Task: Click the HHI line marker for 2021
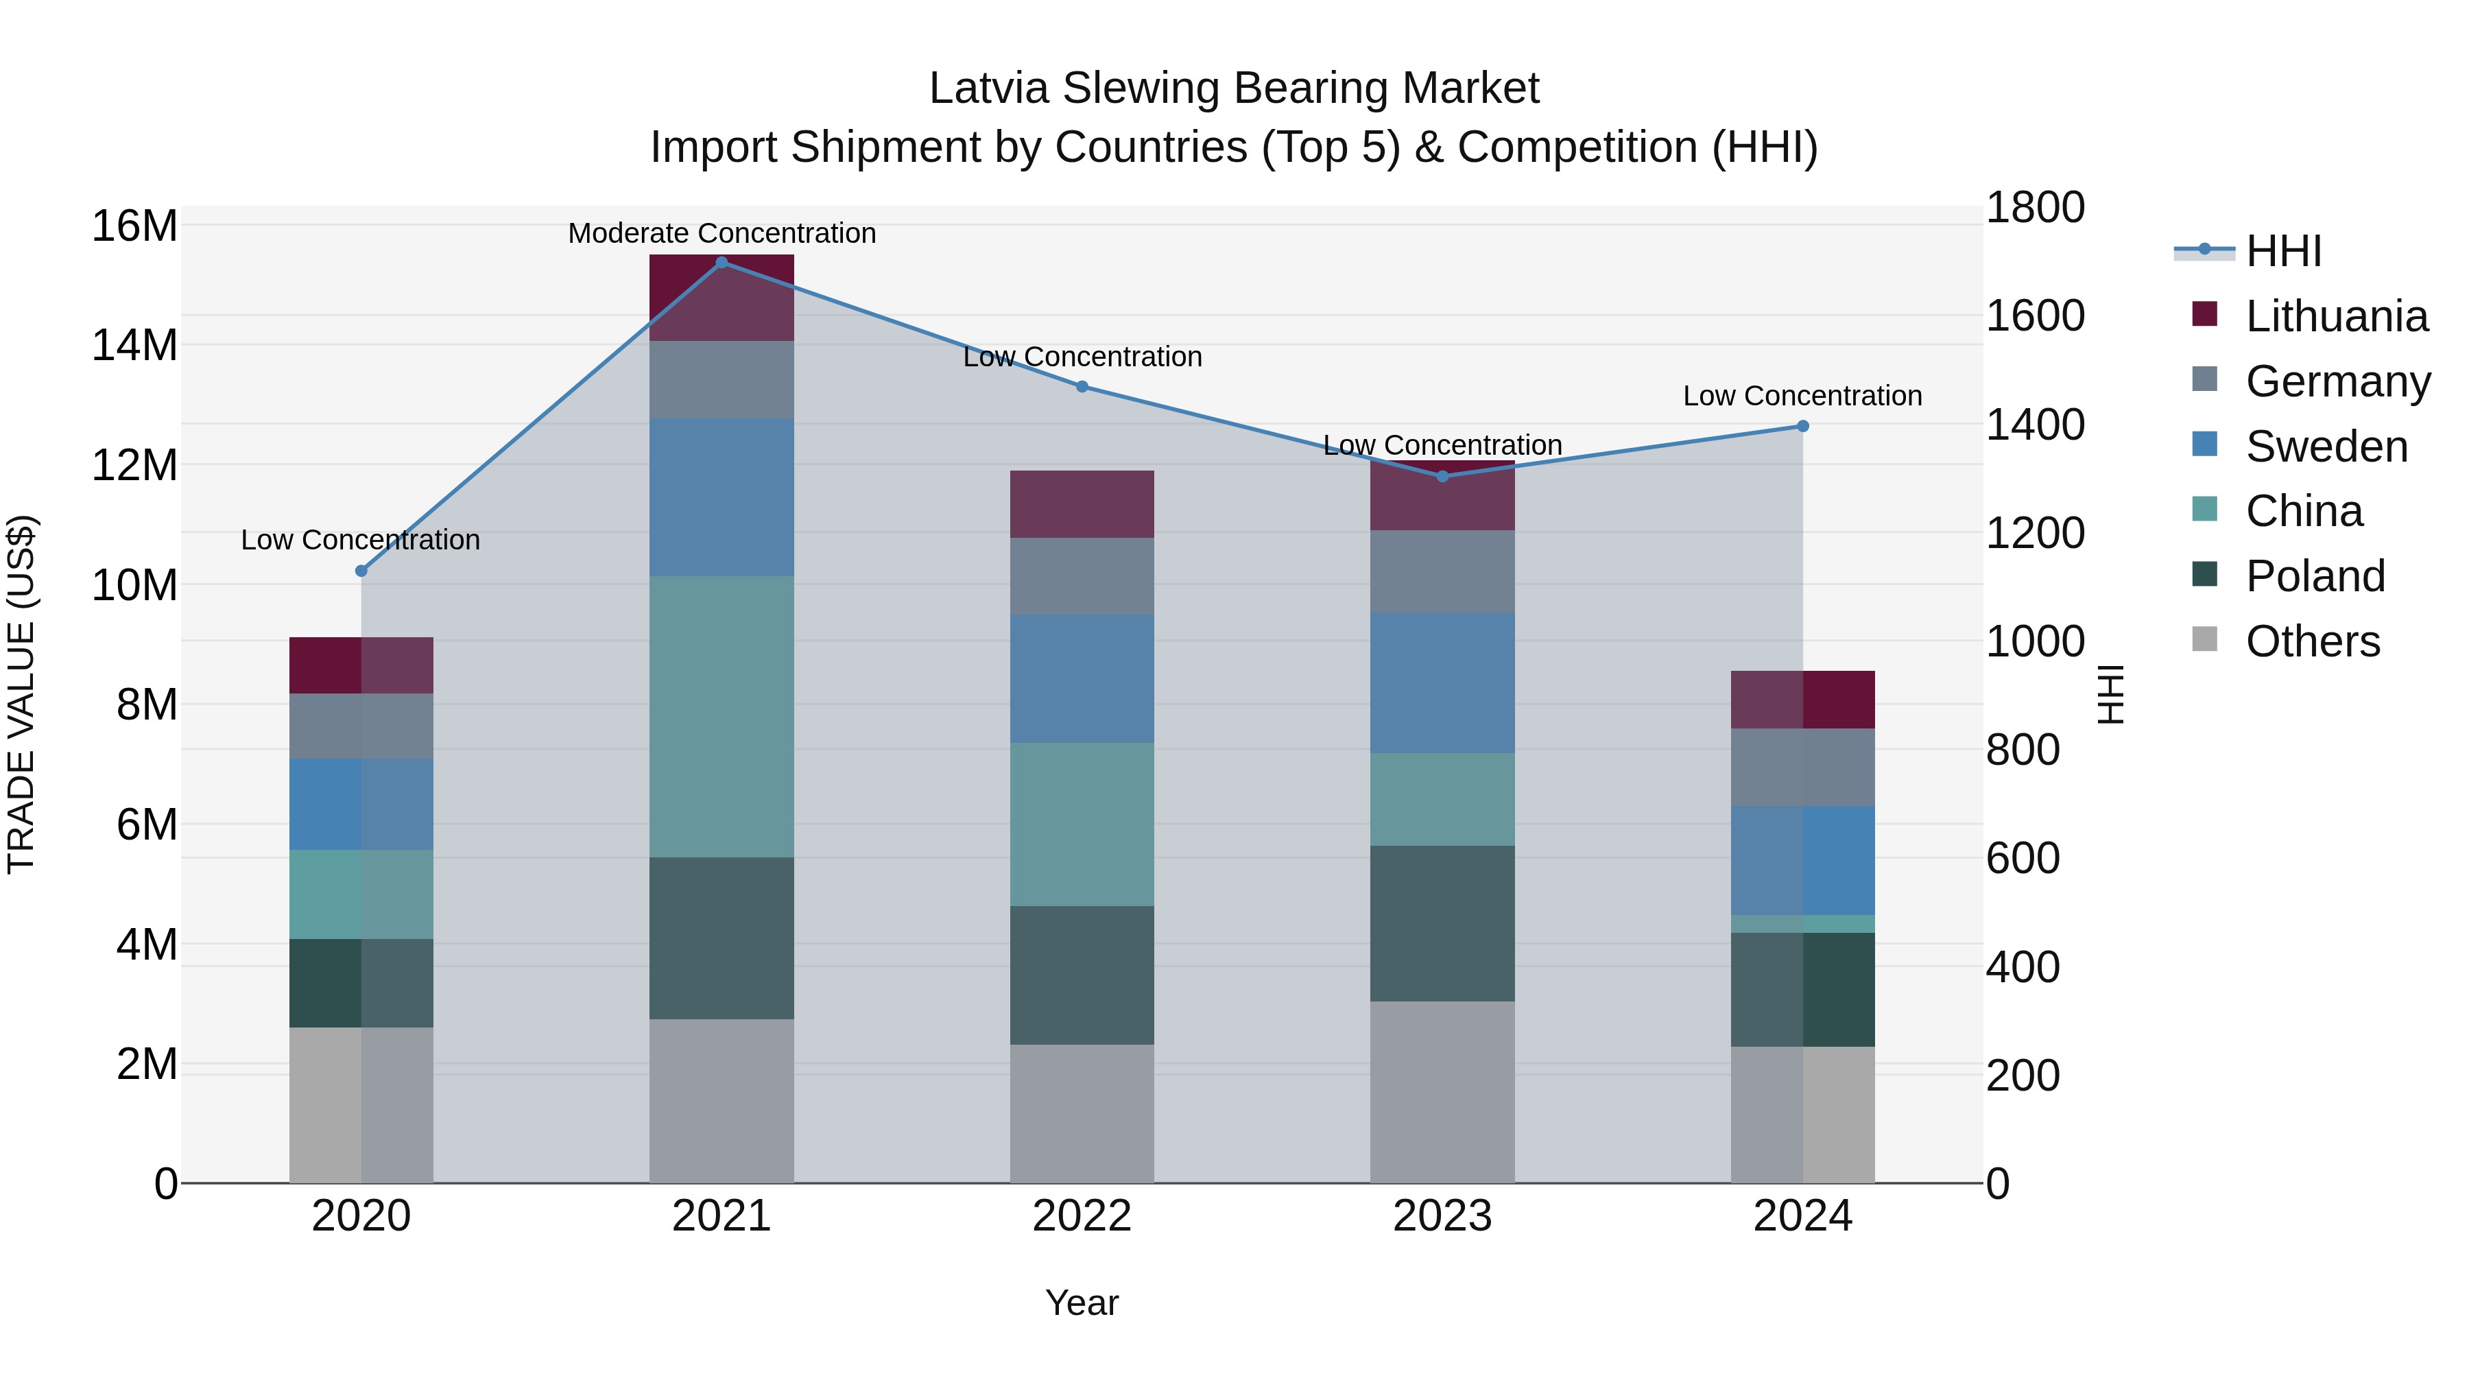coord(721,262)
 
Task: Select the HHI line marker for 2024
coord(1803,425)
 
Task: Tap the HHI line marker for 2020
coord(361,571)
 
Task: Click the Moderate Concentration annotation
coord(721,233)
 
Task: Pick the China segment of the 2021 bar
coord(721,716)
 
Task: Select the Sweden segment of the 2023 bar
coord(1442,682)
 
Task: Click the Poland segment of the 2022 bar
coord(1082,975)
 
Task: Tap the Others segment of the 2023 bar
coord(1442,1092)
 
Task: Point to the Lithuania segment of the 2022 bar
coord(1082,503)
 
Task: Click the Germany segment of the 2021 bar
coord(721,379)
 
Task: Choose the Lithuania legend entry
coord(2336,316)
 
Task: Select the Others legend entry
coord(2312,641)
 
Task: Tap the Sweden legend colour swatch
coord(2204,444)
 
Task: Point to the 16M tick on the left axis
coord(134,226)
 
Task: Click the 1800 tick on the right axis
coord(2034,208)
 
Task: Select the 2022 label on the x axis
coord(1082,1216)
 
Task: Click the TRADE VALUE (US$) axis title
coord(21,694)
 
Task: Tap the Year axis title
coord(1082,1303)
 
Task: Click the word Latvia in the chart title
coord(988,88)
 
